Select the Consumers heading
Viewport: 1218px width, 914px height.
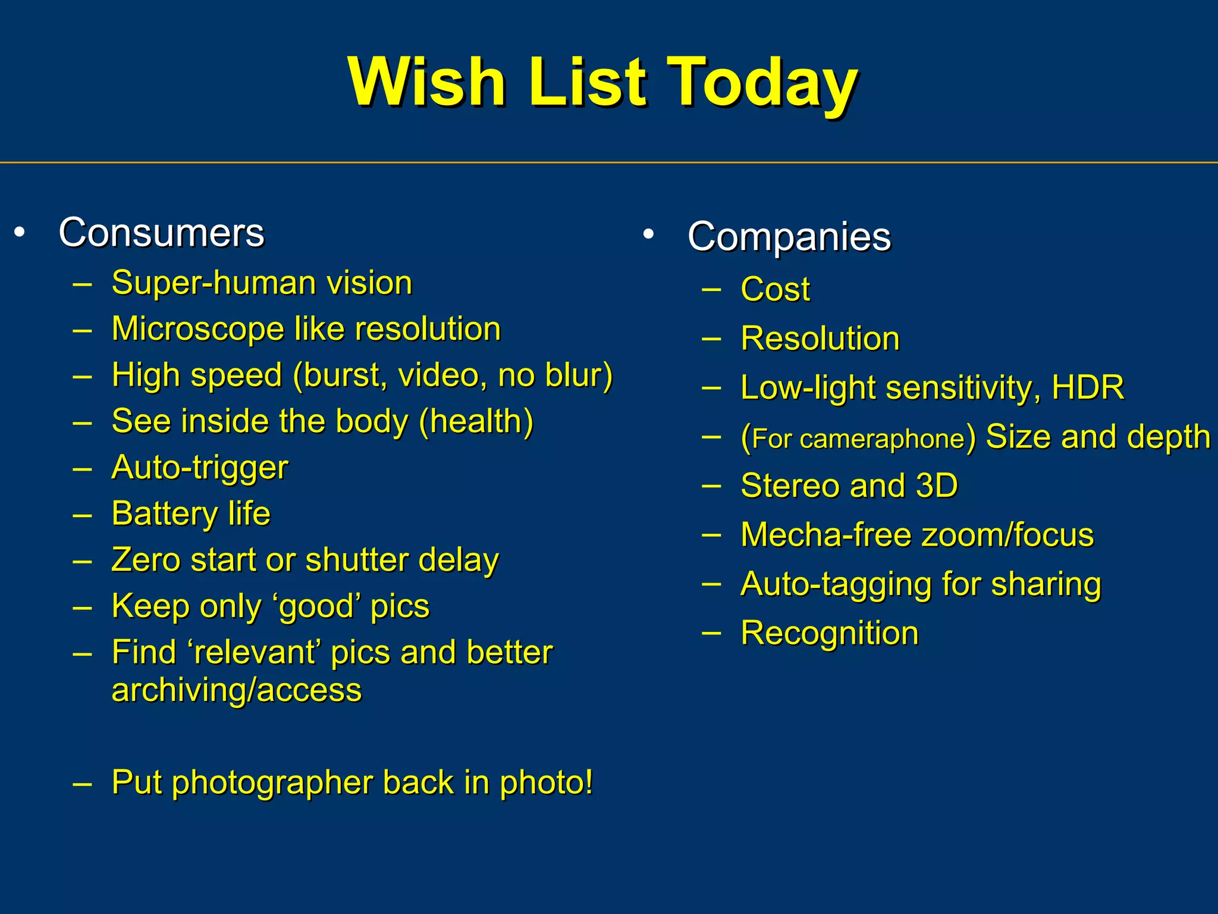click(161, 232)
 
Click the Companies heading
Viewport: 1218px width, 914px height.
click(789, 237)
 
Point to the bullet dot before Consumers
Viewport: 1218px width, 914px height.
click(20, 232)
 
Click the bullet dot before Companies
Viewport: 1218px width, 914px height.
click(649, 234)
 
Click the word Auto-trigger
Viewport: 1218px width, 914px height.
click(200, 468)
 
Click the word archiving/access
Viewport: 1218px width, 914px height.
click(237, 690)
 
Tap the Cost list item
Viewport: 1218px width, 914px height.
click(775, 290)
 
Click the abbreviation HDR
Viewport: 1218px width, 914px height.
click(1088, 387)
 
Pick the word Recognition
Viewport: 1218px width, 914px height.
click(829, 633)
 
